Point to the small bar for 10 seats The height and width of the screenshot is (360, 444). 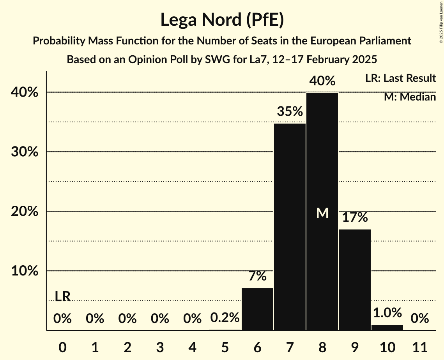point(387,327)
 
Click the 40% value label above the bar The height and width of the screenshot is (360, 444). point(322,81)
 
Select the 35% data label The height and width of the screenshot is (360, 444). point(290,112)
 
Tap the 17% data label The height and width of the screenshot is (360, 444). point(355,217)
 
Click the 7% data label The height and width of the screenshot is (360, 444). point(257,276)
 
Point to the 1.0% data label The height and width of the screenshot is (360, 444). point(387,312)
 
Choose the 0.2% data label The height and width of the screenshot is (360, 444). point(225,318)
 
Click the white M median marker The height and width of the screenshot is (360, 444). point(322,213)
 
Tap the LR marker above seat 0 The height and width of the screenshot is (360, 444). point(62,296)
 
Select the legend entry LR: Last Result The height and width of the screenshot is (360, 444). point(400,78)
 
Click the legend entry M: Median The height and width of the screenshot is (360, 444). point(410,97)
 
